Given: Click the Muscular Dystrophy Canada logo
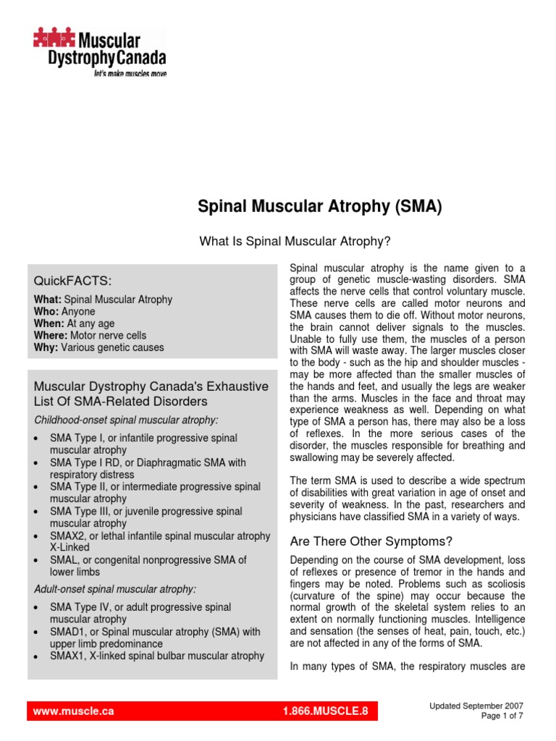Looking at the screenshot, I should tap(98, 48).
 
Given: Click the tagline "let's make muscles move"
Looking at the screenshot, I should tap(130, 74).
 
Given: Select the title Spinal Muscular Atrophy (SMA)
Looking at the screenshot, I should tap(319, 208).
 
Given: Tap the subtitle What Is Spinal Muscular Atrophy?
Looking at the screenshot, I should tap(295, 241).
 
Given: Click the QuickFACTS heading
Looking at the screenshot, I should tap(72, 281).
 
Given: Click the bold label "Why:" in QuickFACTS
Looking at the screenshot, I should tap(46, 347).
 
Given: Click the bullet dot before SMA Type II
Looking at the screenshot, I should tap(37, 488).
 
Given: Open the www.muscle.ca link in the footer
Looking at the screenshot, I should tap(74, 711).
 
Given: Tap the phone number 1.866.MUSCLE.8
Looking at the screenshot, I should tap(326, 711).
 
